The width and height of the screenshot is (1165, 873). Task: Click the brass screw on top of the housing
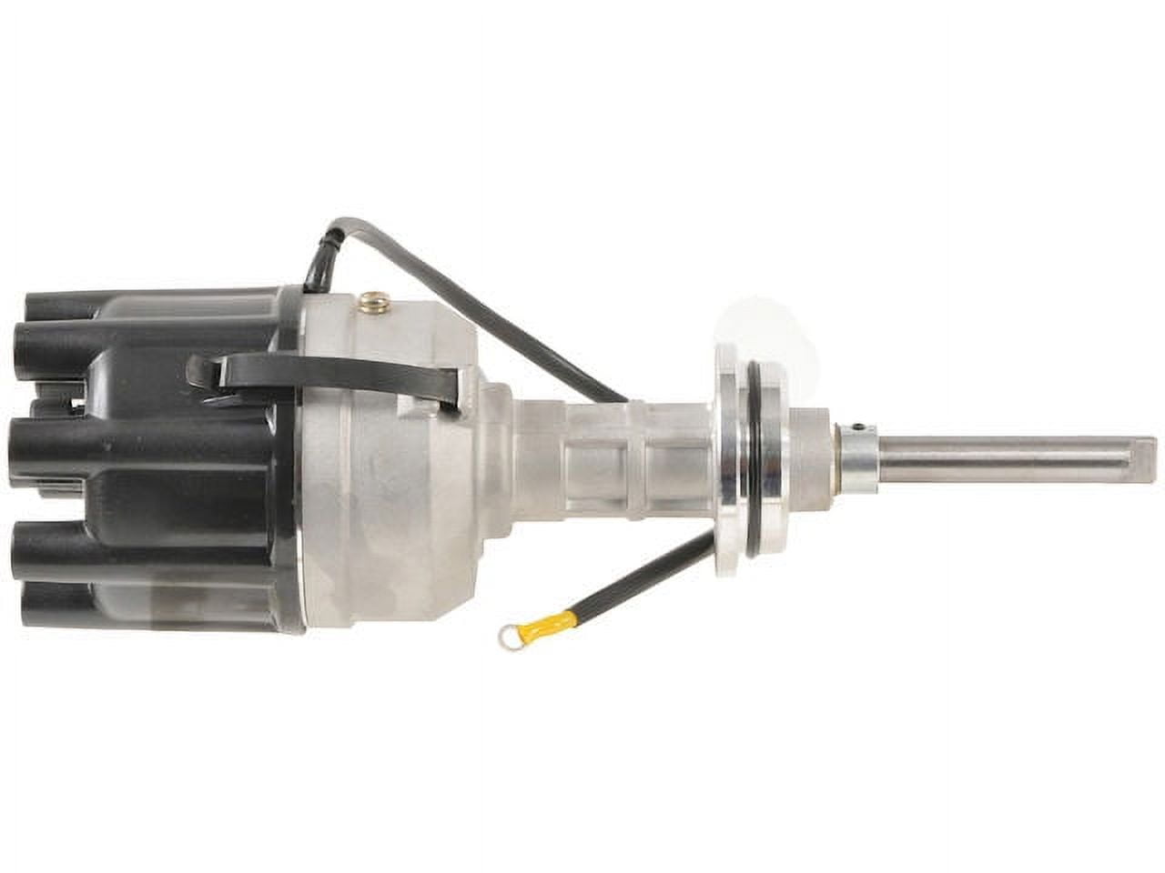(x=371, y=299)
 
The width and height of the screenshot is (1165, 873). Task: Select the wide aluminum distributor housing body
(x=391, y=455)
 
